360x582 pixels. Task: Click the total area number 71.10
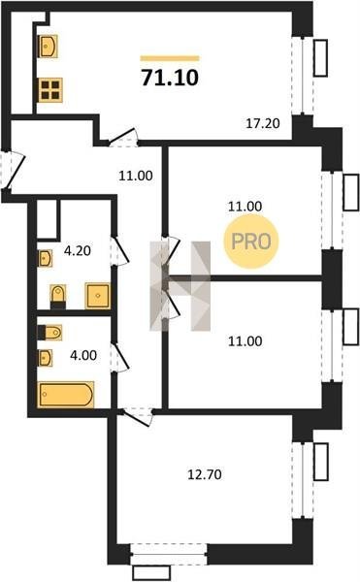tap(170, 78)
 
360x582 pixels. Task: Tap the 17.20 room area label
tap(263, 123)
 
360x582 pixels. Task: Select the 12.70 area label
tap(205, 474)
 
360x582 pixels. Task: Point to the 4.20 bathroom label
tap(78, 250)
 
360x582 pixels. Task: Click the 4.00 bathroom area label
tap(83, 355)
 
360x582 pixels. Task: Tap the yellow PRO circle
tap(251, 242)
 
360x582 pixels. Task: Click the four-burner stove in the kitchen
tap(50, 90)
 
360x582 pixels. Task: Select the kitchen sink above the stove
tap(48, 47)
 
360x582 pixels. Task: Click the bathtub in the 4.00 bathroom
tap(66, 395)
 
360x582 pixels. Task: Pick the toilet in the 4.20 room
tap(58, 296)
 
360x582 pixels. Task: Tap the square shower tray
tap(98, 296)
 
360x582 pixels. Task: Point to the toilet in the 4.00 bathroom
tap(50, 333)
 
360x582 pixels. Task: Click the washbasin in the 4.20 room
tap(45, 258)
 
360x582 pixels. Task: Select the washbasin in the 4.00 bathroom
tap(45, 358)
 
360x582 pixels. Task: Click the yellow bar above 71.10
tap(170, 58)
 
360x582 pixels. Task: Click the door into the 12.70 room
tap(137, 417)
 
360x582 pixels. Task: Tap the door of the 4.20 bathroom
tap(120, 251)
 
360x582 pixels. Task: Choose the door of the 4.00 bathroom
tap(120, 357)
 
